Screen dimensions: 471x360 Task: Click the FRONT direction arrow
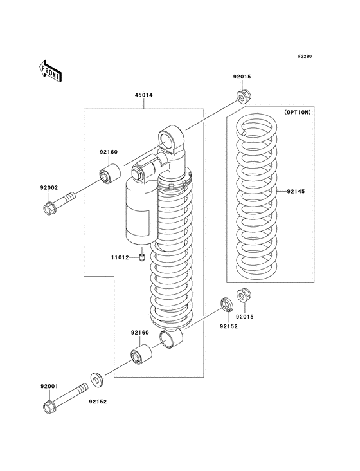(50, 70)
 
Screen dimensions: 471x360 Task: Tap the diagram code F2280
(305, 56)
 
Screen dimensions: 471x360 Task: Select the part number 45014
(143, 95)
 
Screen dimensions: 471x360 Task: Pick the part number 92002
(50, 187)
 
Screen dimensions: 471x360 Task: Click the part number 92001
(50, 386)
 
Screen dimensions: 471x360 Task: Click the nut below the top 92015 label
(242, 97)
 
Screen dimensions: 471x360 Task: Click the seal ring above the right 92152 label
(226, 304)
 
